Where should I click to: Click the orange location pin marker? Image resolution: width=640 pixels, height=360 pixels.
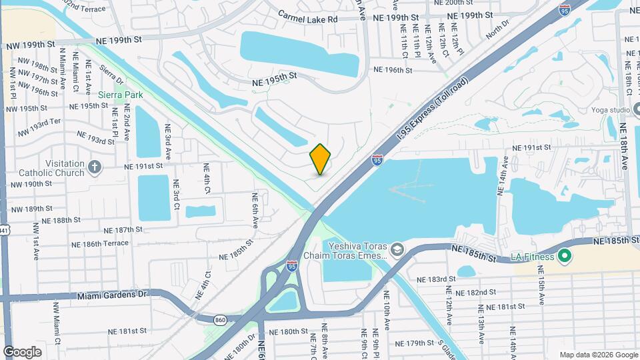click(x=321, y=159)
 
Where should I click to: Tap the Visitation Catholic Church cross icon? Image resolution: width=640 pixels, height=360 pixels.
click(x=95, y=166)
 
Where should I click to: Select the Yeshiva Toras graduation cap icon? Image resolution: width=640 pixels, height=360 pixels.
click(x=397, y=249)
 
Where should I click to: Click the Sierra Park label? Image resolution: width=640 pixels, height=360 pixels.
click(x=120, y=95)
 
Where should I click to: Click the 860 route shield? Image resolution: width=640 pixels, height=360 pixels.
click(x=220, y=320)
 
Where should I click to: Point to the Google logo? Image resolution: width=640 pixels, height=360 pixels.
click(x=22, y=352)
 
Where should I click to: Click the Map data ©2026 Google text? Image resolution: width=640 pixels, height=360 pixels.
click(x=598, y=355)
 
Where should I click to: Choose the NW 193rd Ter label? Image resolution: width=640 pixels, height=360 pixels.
click(x=39, y=123)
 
